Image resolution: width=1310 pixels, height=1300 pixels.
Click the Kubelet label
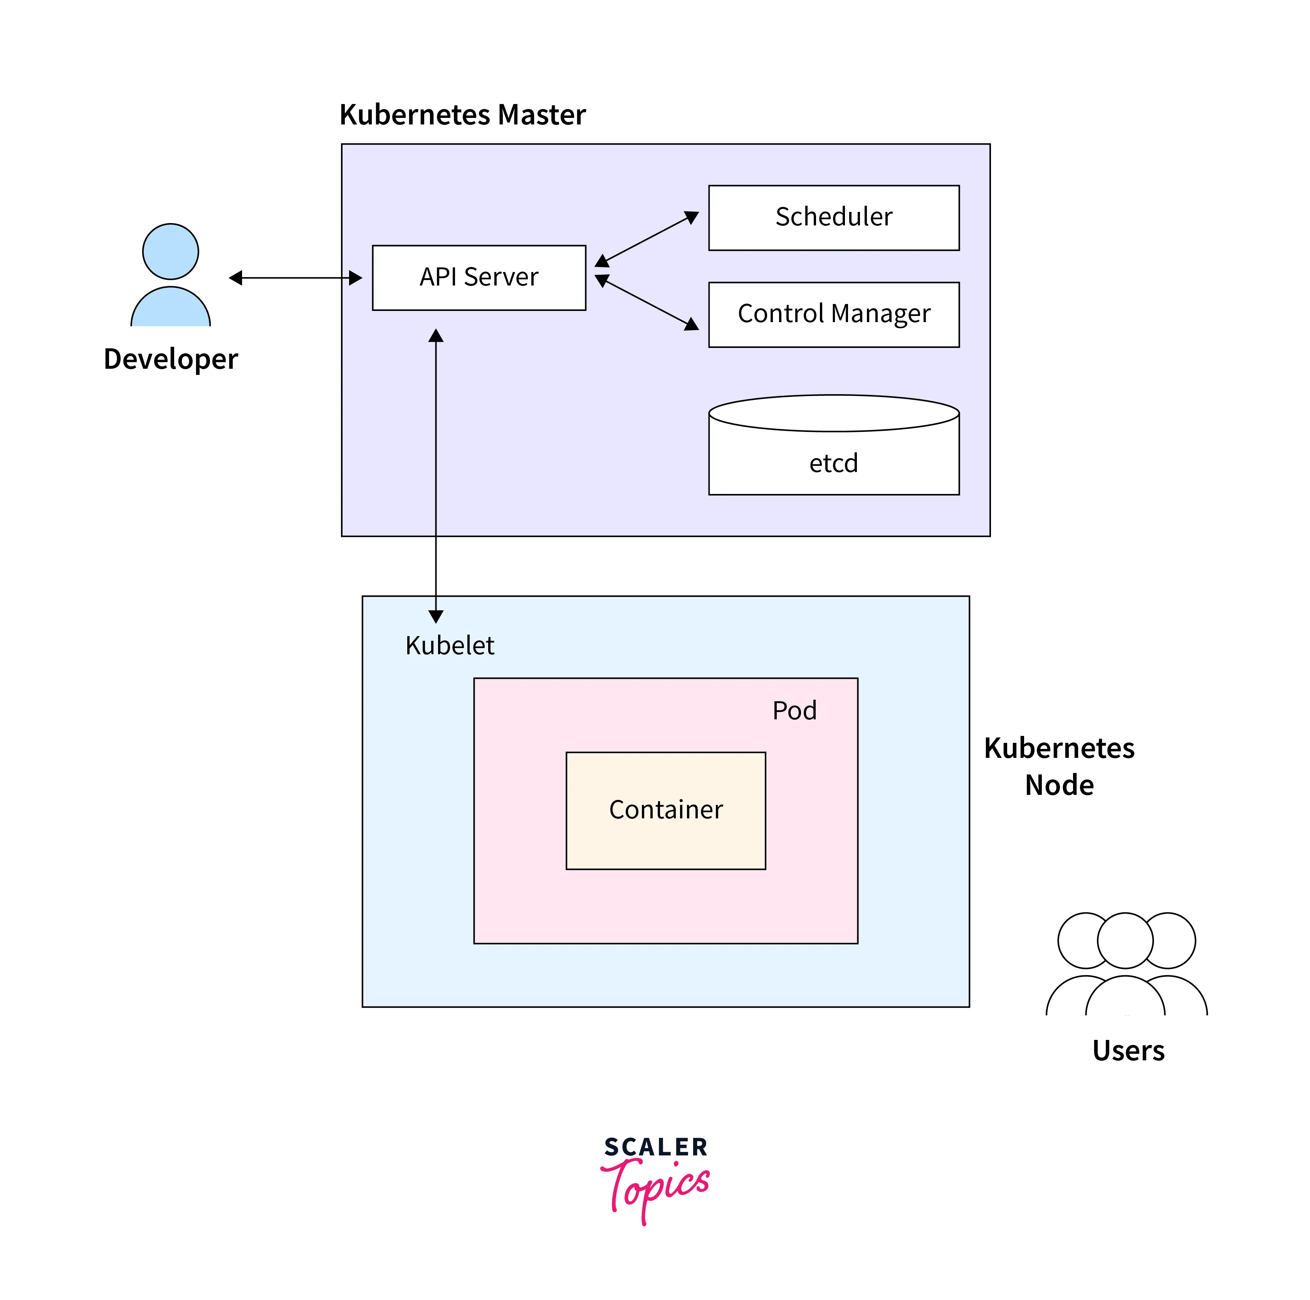pos(450,646)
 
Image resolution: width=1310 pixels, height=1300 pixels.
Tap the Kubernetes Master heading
pos(462,114)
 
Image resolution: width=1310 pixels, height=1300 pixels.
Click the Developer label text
pos(171,359)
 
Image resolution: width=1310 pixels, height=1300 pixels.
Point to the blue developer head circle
pos(171,252)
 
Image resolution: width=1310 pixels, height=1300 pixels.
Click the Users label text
pos(1128,1050)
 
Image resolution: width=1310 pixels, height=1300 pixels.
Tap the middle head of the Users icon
pos(1125,941)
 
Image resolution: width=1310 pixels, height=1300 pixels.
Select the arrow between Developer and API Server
pos(296,278)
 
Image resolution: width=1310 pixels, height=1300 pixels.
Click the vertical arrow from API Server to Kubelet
pos(436,475)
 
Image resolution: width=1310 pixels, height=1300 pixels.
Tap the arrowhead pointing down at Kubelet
pos(436,616)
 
